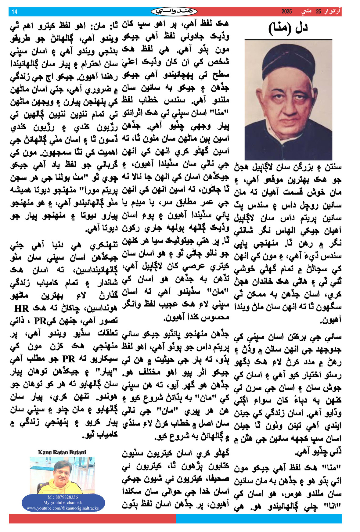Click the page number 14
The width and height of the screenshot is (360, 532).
click(14, 12)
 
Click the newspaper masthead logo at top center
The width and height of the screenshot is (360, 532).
click(174, 12)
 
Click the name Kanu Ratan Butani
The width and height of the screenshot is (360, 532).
click(62, 452)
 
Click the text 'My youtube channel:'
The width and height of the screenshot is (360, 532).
click(63, 502)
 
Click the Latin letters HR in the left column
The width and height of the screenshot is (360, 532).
click(21, 309)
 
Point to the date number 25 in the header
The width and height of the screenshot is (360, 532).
click(319, 12)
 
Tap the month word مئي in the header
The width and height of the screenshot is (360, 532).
click(306, 12)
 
